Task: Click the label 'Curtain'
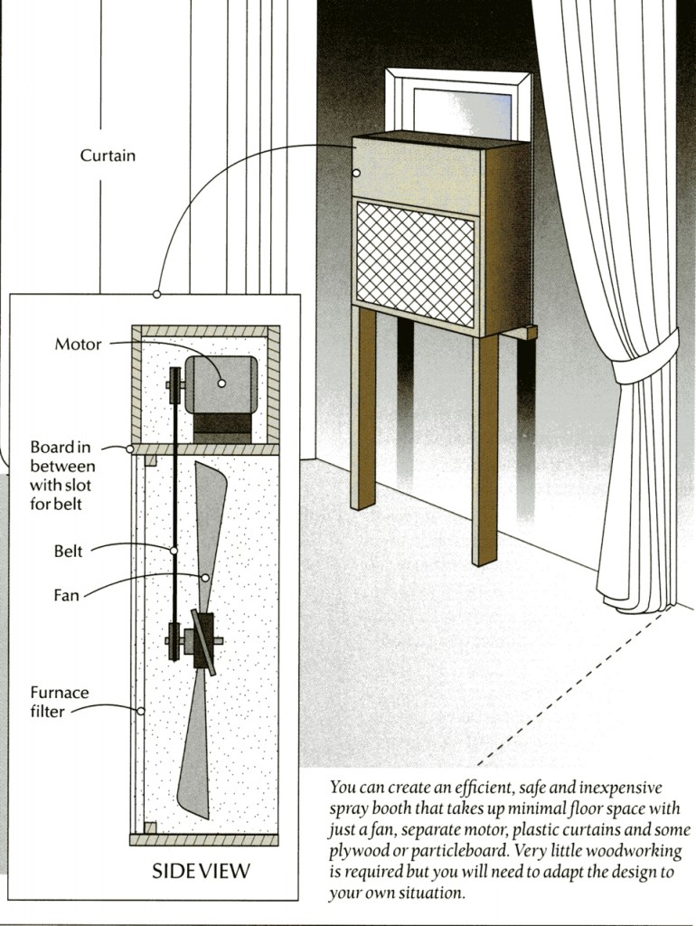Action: point(108,156)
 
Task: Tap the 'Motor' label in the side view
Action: point(79,344)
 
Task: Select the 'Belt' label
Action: point(68,551)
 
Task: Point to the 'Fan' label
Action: point(66,596)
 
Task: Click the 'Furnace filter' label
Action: point(60,702)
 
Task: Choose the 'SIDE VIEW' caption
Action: point(201,872)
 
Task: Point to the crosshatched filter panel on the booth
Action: point(415,263)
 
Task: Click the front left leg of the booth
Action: point(363,407)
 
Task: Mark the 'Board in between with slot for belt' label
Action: point(61,475)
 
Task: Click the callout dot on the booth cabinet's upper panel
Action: point(358,171)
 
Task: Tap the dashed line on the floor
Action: point(578,687)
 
